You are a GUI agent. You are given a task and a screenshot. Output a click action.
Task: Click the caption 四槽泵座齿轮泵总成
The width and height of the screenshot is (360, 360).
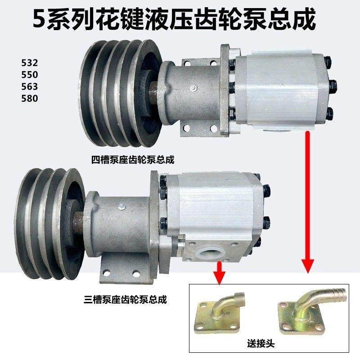(133, 159)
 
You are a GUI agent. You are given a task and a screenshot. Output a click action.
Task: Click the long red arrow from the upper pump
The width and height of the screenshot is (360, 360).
(308, 202)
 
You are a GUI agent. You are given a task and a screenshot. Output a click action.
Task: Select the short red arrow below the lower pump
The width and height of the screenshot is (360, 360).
(219, 273)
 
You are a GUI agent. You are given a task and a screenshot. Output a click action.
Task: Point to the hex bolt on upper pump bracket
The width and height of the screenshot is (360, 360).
(192, 87)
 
